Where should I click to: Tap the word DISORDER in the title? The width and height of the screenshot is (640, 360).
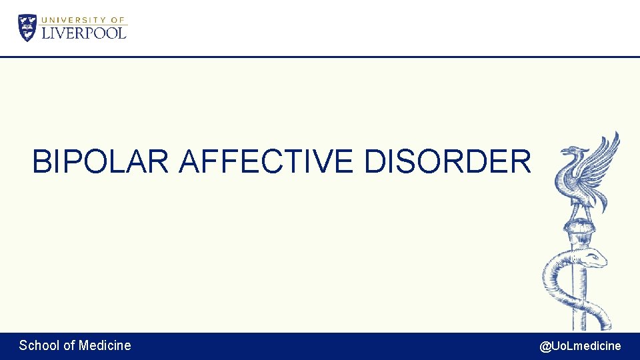(x=448, y=162)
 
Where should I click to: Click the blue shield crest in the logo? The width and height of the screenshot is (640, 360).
(x=27, y=27)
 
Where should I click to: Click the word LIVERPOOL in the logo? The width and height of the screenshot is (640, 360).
(x=84, y=33)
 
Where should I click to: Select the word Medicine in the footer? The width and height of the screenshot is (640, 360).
(x=105, y=345)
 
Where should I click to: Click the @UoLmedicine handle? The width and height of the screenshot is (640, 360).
(x=580, y=346)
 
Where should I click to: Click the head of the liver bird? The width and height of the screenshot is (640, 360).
(x=571, y=153)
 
